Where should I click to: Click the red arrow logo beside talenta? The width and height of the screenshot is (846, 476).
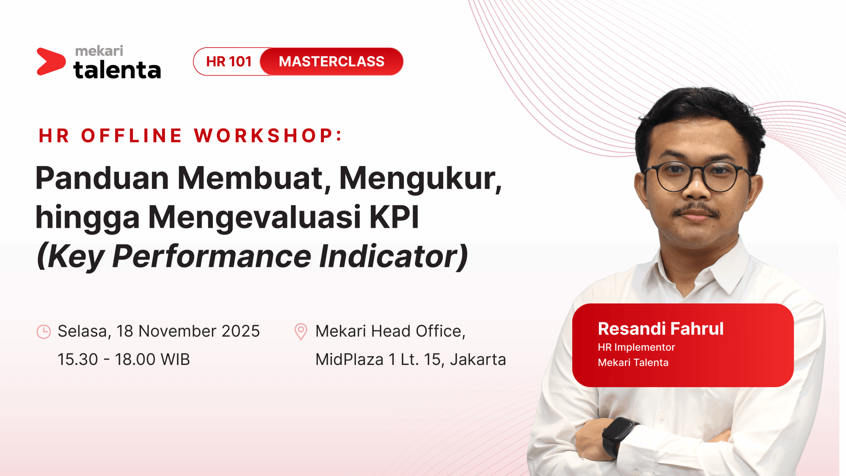[x=51, y=61]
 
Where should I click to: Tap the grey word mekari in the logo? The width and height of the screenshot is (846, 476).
[x=99, y=51]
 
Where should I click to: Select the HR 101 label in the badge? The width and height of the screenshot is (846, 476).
[x=229, y=61]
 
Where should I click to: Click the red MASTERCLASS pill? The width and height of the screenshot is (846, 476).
[x=331, y=61]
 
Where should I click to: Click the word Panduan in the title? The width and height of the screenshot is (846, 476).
[x=102, y=178]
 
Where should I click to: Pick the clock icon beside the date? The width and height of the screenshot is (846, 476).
[x=44, y=332]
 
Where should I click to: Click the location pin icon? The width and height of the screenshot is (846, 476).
[x=301, y=332]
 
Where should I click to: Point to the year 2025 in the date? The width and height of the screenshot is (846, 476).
[x=241, y=331]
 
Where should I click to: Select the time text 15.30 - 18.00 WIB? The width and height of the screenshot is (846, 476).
[x=124, y=359]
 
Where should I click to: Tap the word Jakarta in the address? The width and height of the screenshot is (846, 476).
[x=478, y=360]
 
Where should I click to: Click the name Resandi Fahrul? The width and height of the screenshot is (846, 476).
[x=661, y=329]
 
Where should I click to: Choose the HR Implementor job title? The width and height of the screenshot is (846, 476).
[x=636, y=347]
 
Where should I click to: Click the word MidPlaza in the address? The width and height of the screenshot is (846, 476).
[x=349, y=360]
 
